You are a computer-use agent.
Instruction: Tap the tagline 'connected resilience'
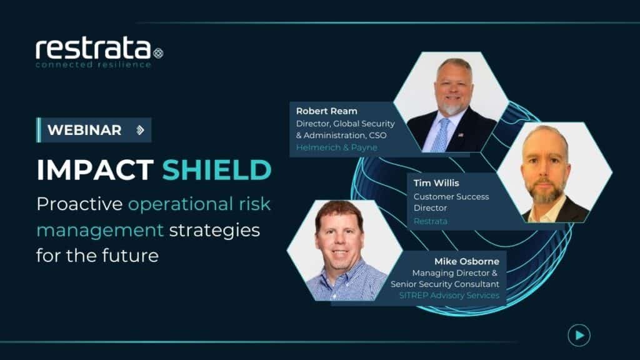[x=94, y=64]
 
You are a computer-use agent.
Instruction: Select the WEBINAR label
[x=84, y=130]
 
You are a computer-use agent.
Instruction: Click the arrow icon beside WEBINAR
[x=140, y=130]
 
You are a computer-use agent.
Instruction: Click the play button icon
[x=579, y=336]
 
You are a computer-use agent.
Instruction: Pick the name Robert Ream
[x=327, y=111]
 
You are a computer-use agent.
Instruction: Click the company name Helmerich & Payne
[x=336, y=147]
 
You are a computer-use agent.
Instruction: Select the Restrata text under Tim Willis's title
[x=431, y=221]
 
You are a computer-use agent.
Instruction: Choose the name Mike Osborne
[x=467, y=261]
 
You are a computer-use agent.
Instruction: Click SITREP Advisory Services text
[x=449, y=295]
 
